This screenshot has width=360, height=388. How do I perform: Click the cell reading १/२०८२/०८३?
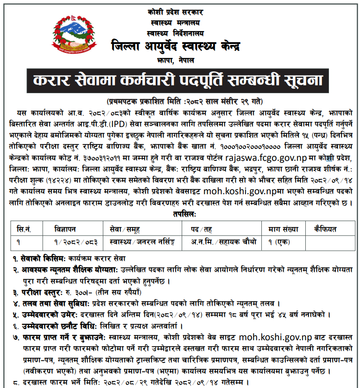click(x=75, y=241)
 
